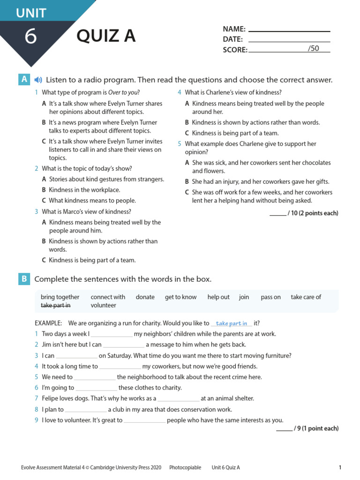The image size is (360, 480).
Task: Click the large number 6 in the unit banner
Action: [30, 37]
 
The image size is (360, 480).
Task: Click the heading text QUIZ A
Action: [106, 36]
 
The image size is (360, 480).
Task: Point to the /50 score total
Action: [313, 48]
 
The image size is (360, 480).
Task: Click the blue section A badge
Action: [24, 80]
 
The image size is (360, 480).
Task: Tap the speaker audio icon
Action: [38, 80]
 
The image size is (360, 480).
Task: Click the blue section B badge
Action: [24, 279]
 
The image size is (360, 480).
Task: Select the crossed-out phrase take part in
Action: [55, 305]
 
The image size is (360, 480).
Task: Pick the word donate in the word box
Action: [145, 297]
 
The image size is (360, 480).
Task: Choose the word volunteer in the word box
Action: [103, 305]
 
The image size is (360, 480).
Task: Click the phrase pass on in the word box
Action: [270, 297]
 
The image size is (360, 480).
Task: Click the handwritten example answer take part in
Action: [232, 323]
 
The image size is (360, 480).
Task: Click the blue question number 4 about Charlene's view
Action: [179, 93]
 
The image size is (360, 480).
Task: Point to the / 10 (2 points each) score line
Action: [304, 213]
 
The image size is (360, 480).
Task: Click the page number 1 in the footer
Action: [340, 467]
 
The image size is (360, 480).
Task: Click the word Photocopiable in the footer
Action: [185, 467]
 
